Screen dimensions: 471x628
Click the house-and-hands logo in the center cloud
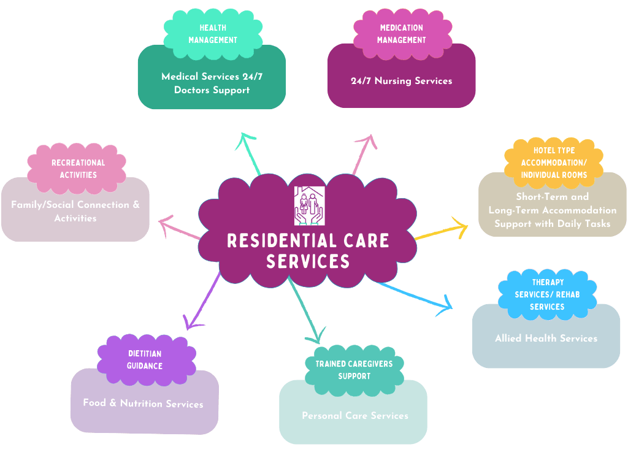point(310,205)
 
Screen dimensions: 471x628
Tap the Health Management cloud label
point(213,34)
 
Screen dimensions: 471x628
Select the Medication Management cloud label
point(401,34)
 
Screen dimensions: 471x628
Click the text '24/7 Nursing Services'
point(401,81)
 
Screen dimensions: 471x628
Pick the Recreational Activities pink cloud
point(78,169)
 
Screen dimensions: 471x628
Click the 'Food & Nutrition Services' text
point(143,404)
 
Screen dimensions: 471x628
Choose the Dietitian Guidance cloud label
point(145,360)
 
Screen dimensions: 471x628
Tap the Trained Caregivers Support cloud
point(354,370)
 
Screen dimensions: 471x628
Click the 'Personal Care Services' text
point(354,416)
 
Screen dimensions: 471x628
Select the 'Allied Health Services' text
point(546,338)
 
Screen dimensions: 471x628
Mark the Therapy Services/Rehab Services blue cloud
point(547,295)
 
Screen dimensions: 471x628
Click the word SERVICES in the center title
point(308,262)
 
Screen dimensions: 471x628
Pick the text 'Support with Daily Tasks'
point(552,223)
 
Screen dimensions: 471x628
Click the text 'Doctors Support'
point(212,90)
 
